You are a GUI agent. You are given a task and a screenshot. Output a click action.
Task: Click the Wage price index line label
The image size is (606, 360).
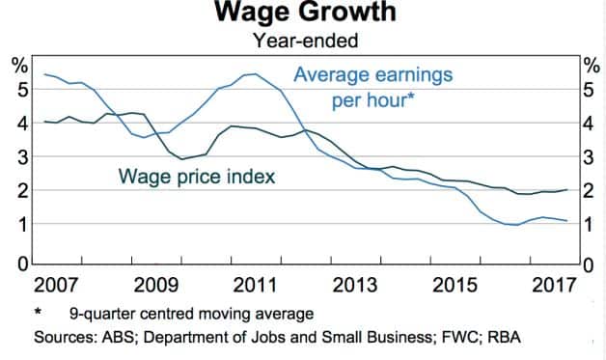(197, 177)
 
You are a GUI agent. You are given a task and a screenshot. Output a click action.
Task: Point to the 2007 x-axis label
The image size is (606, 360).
(54, 286)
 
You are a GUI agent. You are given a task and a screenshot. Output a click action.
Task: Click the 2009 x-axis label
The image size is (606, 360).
(154, 286)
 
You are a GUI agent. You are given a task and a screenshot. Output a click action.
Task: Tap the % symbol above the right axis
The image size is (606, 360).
(590, 65)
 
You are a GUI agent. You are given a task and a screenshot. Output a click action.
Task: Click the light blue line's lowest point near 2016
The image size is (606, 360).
(517, 225)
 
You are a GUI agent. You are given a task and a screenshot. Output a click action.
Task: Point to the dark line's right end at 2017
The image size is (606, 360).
(566, 190)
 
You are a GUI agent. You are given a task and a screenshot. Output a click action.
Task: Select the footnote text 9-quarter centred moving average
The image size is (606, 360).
(191, 315)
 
